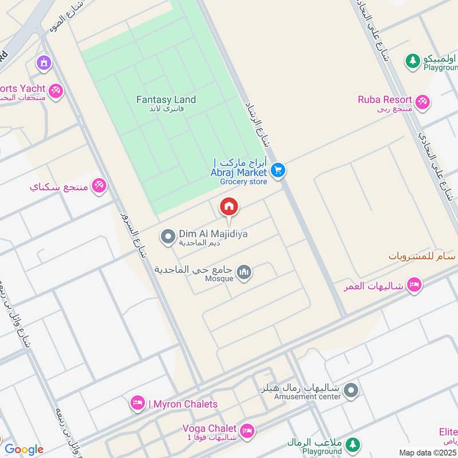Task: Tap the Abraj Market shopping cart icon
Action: [279, 170]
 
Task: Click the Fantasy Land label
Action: [166, 100]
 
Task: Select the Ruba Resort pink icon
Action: [423, 102]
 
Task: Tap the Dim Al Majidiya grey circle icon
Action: [168, 236]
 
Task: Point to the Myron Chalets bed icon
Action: [137, 404]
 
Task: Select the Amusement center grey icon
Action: [352, 390]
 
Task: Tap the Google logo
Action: [23, 449]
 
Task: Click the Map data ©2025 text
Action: [427, 452]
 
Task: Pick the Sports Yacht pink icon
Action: [56, 90]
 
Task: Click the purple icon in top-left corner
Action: [43, 62]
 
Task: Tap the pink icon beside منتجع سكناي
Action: [100, 186]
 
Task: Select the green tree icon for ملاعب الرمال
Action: [353, 444]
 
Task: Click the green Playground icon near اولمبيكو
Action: [412, 60]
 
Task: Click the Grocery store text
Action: [243, 182]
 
